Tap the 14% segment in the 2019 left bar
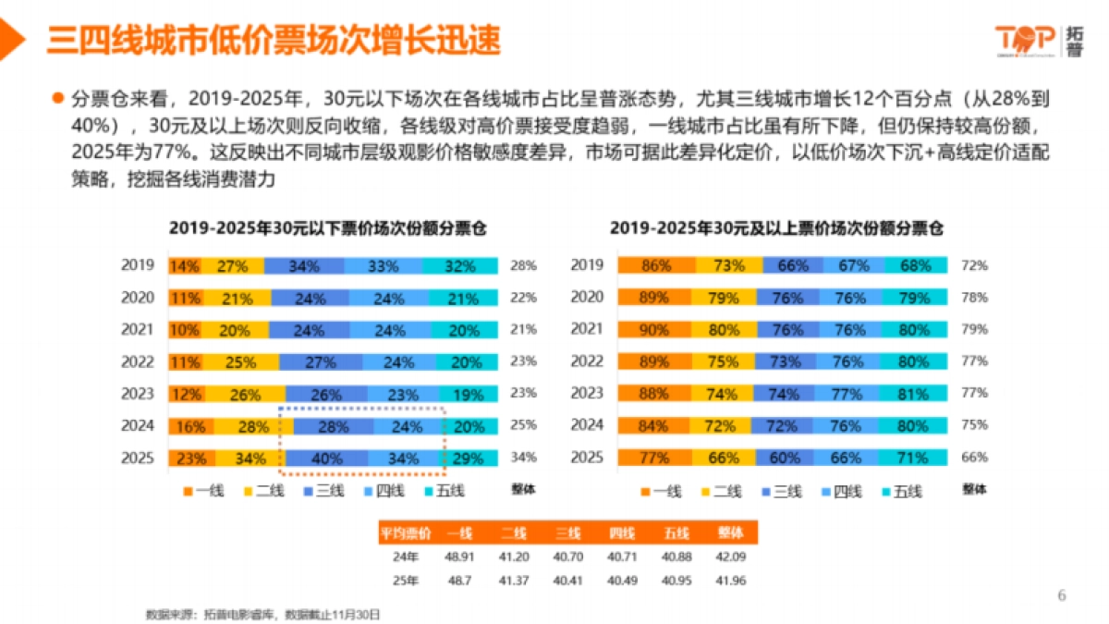point(184,266)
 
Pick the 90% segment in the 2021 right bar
point(655,329)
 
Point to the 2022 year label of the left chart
point(138,361)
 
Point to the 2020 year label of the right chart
point(586,298)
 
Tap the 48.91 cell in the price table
point(458,557)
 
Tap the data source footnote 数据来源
point(262,613)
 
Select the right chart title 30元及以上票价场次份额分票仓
point(783,228)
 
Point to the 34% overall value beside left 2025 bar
point(523,458)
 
